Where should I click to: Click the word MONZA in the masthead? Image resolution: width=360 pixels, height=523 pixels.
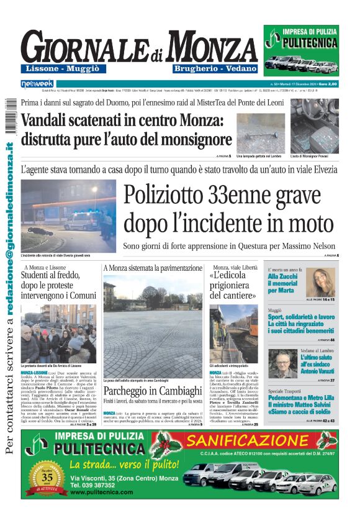pyautogui.click(x=212, y=47)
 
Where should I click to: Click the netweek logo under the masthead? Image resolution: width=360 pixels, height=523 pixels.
pyautogui.click(x=37, y=83)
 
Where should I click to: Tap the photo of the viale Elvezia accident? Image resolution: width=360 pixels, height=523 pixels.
pyautogui.click(x=68, y=216)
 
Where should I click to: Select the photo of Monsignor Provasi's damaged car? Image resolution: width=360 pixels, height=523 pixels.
pyautogui.click(x=314, y=125)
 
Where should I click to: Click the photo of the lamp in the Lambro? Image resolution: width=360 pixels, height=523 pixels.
pyautogui.click(x=263, y=125)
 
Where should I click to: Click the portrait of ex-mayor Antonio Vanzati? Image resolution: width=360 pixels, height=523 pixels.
pyautogui.click(x=282, y=363)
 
